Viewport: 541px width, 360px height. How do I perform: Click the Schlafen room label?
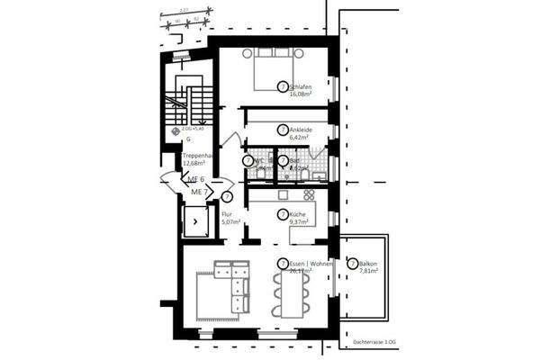pos(302,85)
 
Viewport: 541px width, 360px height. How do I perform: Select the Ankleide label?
pos(302,129)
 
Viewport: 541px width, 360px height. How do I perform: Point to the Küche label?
pos(300,213)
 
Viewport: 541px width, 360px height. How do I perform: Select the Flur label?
pos(227,214)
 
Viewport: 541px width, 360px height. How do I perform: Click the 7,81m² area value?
pos(372,270)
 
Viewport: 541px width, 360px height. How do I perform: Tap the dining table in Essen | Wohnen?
pos(293,294)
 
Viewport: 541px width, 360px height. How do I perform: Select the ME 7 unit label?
pos(200,193)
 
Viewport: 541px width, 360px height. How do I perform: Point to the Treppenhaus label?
pos(198,156)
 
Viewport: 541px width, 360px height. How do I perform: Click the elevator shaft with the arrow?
pos(194,219)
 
